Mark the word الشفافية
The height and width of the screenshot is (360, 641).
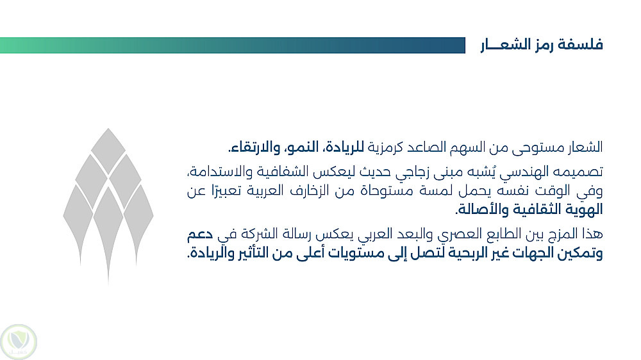pyautogui.click(x=282, y=172)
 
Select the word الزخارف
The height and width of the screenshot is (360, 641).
pyautogui.click(x=310, y=191)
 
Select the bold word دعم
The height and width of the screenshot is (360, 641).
pyautogui.click(x=200, y=234)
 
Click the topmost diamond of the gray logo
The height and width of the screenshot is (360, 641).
pyautogui.click(x=108, y=151)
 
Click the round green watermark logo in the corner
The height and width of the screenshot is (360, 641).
pyautogui.click(x=19, y=342)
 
